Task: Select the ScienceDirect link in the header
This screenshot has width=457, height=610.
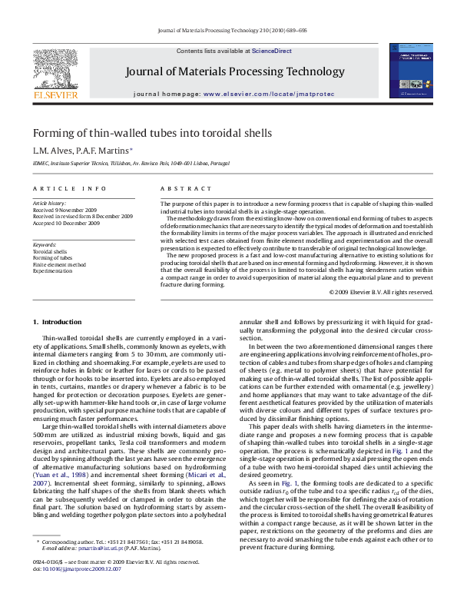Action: click(272, 51)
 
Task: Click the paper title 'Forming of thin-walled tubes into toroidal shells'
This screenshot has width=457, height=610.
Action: click(151, 133)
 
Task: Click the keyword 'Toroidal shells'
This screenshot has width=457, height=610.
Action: click(50, 251)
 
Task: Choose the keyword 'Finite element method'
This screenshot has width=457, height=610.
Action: click(58, 264)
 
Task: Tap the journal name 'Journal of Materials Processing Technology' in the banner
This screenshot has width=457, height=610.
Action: click(234, 72)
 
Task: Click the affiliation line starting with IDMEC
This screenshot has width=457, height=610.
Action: click(131, 163)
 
